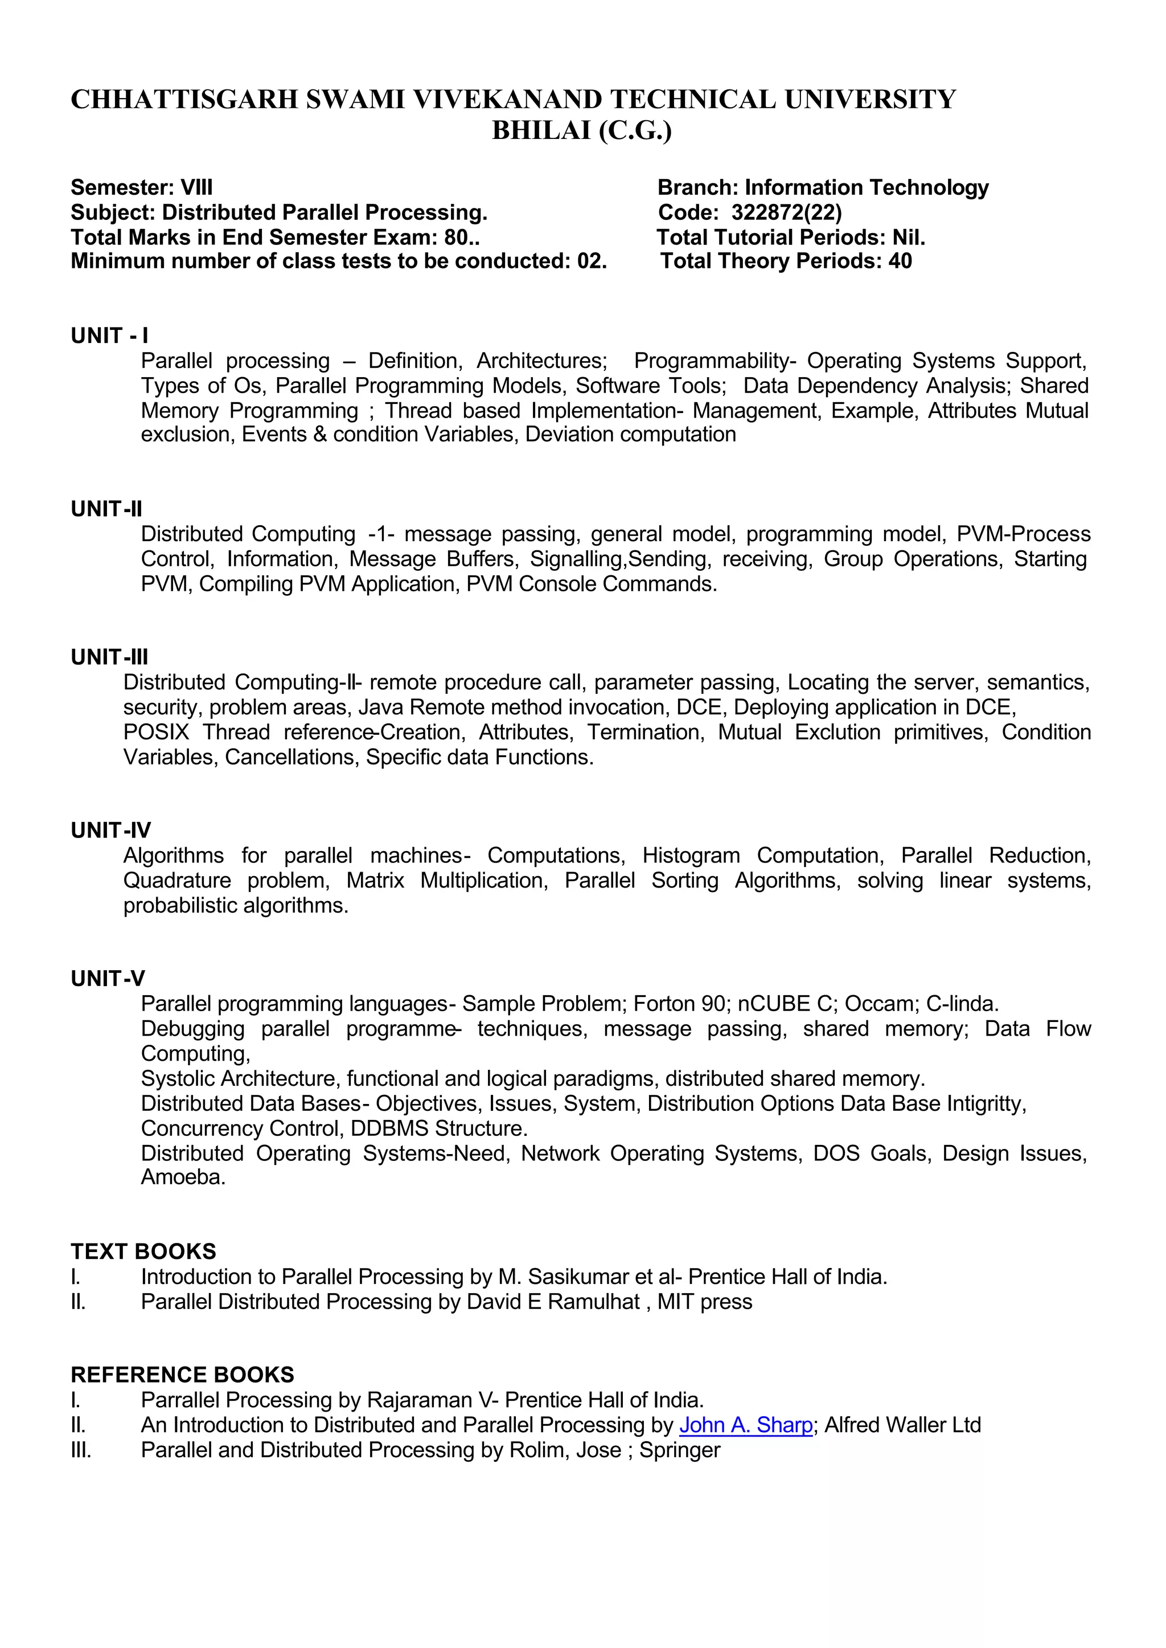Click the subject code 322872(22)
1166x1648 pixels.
pos(786,212)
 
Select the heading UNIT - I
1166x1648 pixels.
pos(109,336)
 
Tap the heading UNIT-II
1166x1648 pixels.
pos(106,509)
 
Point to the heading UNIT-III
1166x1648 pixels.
pos(109,657)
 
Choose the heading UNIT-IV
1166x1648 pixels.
pos(110,831)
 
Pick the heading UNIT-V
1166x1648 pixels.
pos(108,979)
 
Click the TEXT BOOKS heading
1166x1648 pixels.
pos(143,1252)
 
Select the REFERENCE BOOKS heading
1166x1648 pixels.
pos(182,1375)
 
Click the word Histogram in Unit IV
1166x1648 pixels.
pos(691,856)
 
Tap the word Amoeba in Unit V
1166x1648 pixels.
pos(183,1177)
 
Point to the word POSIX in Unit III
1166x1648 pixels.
pos(156,732)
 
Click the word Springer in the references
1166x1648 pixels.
pos(679,1450)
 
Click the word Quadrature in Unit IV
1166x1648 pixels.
pos(176,881)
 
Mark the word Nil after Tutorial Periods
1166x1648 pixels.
pos(907,238)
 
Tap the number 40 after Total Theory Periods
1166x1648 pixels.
pos(900,261)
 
